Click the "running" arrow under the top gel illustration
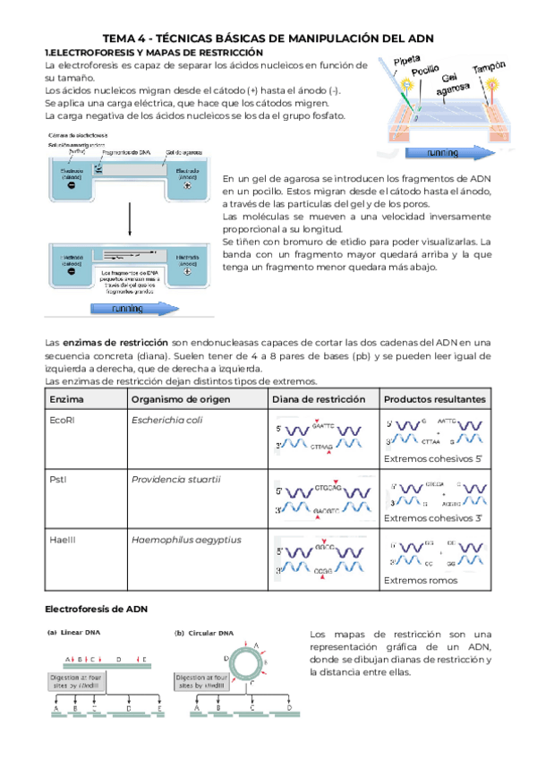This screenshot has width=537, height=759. tap(444, 152)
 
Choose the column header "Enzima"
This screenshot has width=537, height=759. tap(66, 398)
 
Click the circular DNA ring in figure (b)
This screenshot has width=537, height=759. tap(243, 663)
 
